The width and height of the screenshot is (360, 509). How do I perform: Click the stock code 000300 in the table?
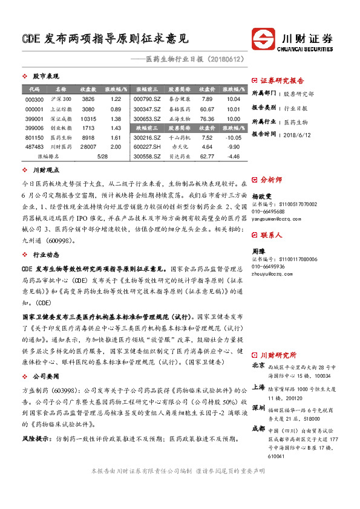pyautogui.click(x=35, y=99)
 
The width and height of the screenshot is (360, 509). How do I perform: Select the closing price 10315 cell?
pyautogui.click(x=88, y=119)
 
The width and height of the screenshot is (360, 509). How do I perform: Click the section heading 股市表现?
pyautogui.click(x=46, y=77)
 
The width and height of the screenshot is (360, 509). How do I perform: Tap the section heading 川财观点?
pyautogui.click(x=46, y=171)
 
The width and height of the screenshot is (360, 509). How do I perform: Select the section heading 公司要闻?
pyautogui.click(x=46, y=375)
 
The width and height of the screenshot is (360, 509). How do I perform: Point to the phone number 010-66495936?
pyautogui.click(x=268, y=266)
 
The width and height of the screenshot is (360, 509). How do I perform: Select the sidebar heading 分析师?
pyautogui.click(x=270, y=180)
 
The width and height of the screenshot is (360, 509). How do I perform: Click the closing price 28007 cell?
pyautogui.click(x=88, y=146)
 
